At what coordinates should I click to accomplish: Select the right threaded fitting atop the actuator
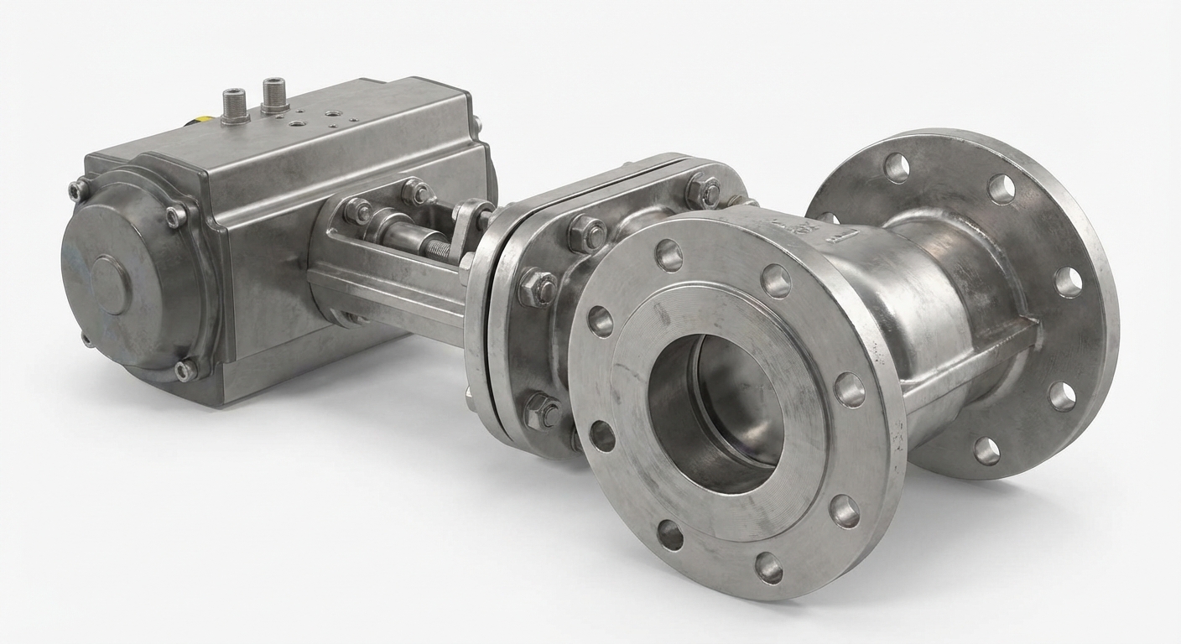pyautogui.click(x=274, y=95)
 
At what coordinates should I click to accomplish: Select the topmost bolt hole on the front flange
pyautogui.click(x=669, y=255)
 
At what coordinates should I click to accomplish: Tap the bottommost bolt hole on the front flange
pyautogui.click(x=768, y=568)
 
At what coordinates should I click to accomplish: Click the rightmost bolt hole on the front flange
pyautogui.click(x=849, y=390)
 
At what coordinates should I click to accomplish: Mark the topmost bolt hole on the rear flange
pyautogui.click(x=897, y=168)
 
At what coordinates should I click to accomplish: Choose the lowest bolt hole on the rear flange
pyautogui.click(x=987, y=450)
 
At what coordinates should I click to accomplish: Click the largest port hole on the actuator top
pyautogui.click(x=334, y=113)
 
